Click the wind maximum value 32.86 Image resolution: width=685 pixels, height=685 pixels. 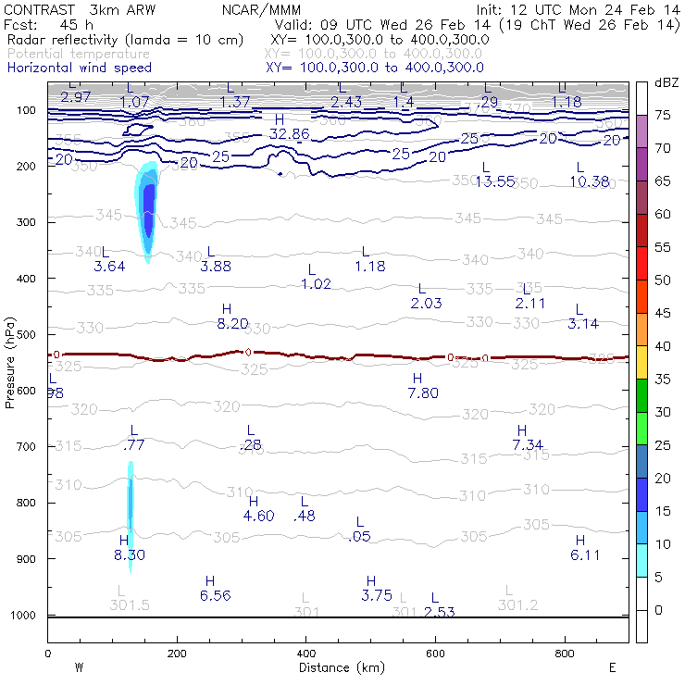289,134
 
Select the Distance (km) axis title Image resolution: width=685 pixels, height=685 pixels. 338,667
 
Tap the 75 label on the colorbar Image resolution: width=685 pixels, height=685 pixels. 664,115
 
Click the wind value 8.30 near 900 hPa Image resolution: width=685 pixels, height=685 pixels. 130,555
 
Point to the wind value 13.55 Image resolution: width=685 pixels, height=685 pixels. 494,181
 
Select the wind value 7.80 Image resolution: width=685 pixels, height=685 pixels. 423,393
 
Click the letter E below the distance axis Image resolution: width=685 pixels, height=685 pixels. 612,666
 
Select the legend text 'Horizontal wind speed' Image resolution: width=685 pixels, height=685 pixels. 79,68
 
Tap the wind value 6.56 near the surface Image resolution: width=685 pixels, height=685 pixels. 215,595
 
